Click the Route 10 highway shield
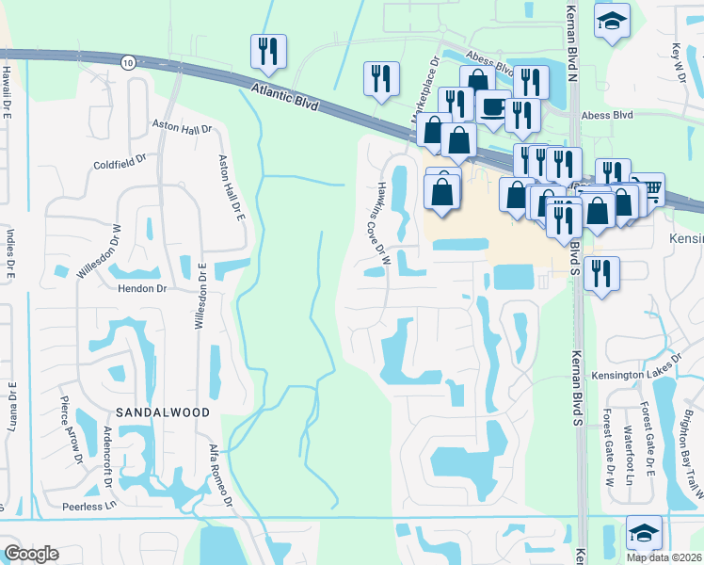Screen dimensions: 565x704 click(127, 60)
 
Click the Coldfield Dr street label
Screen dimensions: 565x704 click(120, 161)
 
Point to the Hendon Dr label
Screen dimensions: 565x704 click(141, 289)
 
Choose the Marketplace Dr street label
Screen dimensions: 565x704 click(425, 89)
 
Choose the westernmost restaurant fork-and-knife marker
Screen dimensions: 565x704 click(267, 52)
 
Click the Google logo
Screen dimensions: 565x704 click(32, 554)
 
